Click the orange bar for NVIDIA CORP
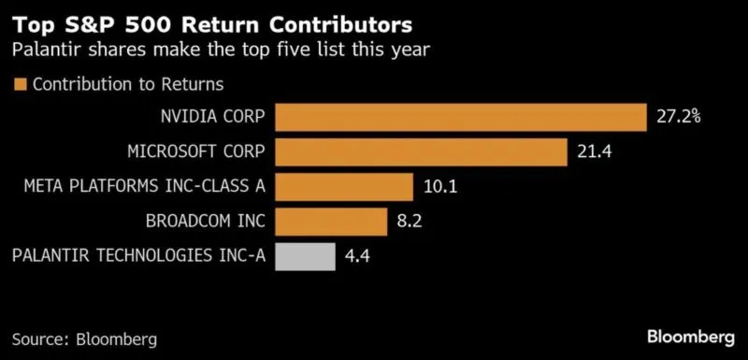461,117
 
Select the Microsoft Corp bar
421,151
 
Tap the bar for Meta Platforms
344,186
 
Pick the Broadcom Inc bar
331,222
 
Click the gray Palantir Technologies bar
305,256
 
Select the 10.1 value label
439,187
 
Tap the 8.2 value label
412,222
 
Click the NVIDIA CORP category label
212,118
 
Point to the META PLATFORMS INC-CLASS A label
145,187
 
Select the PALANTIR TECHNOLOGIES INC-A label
139,256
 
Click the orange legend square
20,84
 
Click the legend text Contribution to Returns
128,84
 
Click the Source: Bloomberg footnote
84,337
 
